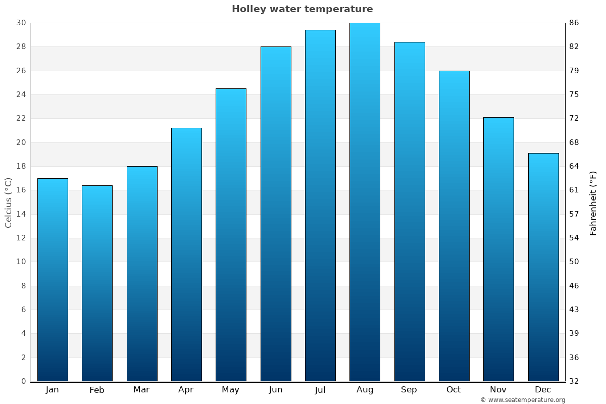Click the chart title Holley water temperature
(x=302, y=9)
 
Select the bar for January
(x=53, y=280)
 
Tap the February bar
(x=97, y=283)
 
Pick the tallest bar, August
(x=365, y=202)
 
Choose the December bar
(x=543, y=267)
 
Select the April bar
(x=186, y=255)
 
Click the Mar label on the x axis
(x=141, y=390)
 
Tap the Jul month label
(x=320, y=390)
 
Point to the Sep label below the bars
(x=409, y=390)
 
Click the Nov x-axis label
(x=498, y=390)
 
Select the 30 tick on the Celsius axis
(x=21, y=23)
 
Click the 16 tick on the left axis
(x=21, y=190)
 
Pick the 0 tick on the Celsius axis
(x=23, y=381)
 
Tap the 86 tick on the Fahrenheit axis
(x=574, y=23)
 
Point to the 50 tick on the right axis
(x=574, y=262)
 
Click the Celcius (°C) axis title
(x=9, y=203)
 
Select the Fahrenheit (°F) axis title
(x=593, y=203)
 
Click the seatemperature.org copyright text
(x=523, y=400)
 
